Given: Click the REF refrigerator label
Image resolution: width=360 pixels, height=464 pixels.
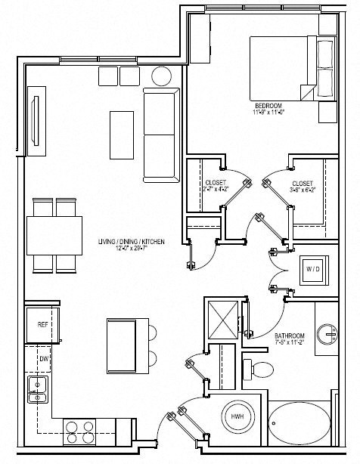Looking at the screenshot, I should click(x=43, y=324).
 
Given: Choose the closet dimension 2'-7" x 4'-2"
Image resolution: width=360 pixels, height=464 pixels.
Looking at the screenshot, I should click(x=216, y=190).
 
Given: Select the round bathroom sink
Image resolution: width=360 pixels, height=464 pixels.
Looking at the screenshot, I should click(x=328, y=333).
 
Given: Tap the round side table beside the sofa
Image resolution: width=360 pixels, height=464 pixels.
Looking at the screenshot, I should click(x=161, y=76).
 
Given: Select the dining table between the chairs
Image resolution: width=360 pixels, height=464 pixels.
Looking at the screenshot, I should click(x=54, y=234).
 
